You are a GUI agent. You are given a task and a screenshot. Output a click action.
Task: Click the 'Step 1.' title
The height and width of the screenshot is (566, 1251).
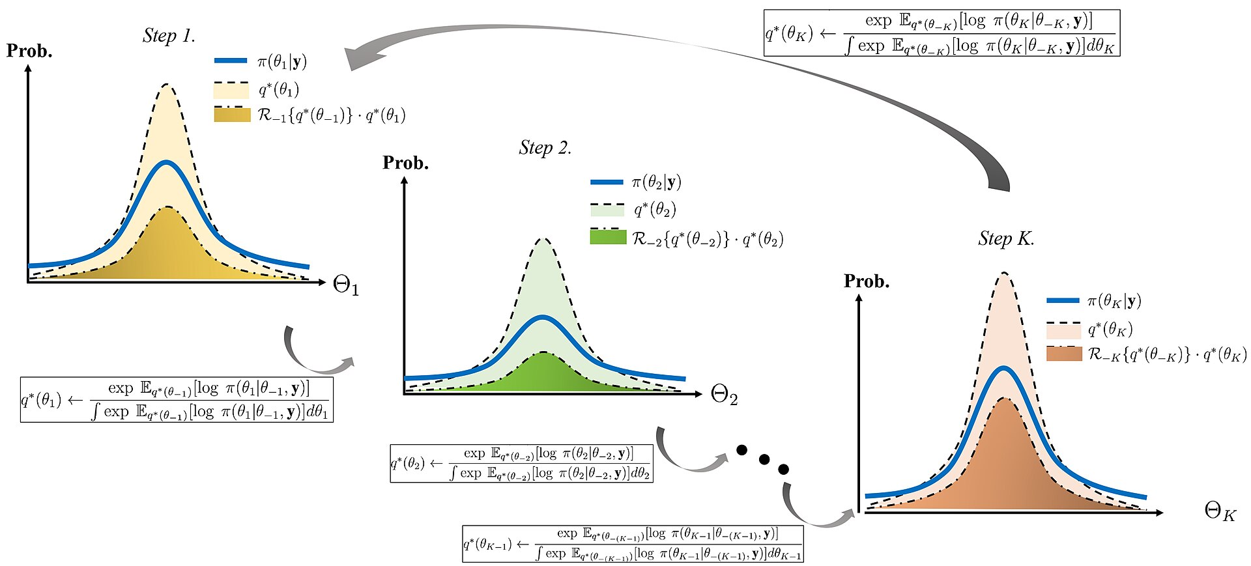click(169, 36)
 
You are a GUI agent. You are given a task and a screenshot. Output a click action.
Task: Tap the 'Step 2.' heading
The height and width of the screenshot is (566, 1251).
click(545, 148)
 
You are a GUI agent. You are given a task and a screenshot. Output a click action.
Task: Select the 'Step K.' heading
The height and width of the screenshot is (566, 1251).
click(1005, 239)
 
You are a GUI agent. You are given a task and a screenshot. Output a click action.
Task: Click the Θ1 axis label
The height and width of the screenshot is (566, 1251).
click(345, 285)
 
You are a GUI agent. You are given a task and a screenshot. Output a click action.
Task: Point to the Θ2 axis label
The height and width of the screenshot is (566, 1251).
click(724, 395)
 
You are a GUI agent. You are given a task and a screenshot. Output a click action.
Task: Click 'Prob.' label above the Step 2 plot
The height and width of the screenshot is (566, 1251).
click(405, 163)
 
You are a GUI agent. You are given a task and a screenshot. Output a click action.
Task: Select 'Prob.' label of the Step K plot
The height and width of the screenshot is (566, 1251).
click(866, 281)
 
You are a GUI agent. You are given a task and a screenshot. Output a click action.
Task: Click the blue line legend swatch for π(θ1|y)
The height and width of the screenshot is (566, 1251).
click(231, 61)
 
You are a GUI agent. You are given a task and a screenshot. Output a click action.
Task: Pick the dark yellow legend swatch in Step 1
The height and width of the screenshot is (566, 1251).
click(232, 115)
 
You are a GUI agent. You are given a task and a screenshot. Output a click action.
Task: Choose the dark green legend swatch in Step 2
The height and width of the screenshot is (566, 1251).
click(607, 237)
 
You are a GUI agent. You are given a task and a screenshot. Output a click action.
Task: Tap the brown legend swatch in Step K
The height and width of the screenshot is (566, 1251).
click(1063, 354)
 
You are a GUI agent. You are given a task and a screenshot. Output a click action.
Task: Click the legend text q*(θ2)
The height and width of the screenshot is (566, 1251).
click(655, 210)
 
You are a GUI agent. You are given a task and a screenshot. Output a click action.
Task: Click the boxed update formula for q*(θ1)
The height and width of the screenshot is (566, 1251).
click(177, 399)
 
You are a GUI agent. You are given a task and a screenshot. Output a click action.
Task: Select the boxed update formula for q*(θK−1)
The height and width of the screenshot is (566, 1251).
click(633, 544)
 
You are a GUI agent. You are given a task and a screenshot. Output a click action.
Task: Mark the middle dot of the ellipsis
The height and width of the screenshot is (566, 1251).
click(764, 460)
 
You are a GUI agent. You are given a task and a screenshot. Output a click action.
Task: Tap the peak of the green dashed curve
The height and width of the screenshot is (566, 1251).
click(543, 239)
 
